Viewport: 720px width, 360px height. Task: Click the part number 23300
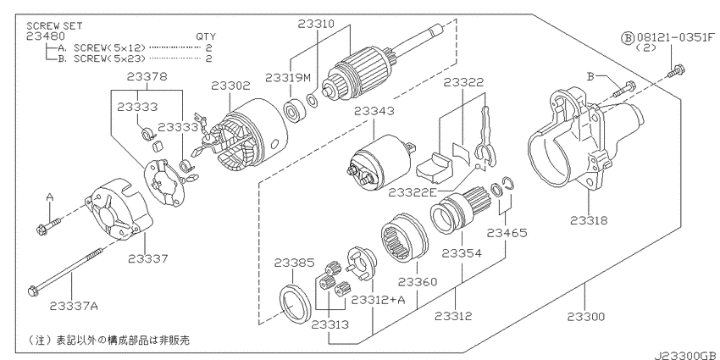pyautogui.click(x=585, y=317)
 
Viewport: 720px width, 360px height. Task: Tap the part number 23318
pyautogui.click(x=589, y=220)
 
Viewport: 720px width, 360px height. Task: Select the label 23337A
pyautogui.click(x=74, y=306)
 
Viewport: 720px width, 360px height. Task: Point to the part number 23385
pyautogui.click(x=294, y=263)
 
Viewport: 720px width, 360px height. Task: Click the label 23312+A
pyautogui.click(x=379, y=299)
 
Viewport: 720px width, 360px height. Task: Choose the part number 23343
pyautogui.click(x=374, y=111)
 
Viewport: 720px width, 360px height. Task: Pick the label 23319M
pyautogui.click(x=288, y=78)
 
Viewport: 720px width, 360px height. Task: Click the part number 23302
pyautogui.click(x=230, y=86)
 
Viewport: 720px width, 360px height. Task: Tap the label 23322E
pyautogui.click(x=413, y=192)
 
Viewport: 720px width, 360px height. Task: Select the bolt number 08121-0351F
pyautogui.click(x=676, y=37)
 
